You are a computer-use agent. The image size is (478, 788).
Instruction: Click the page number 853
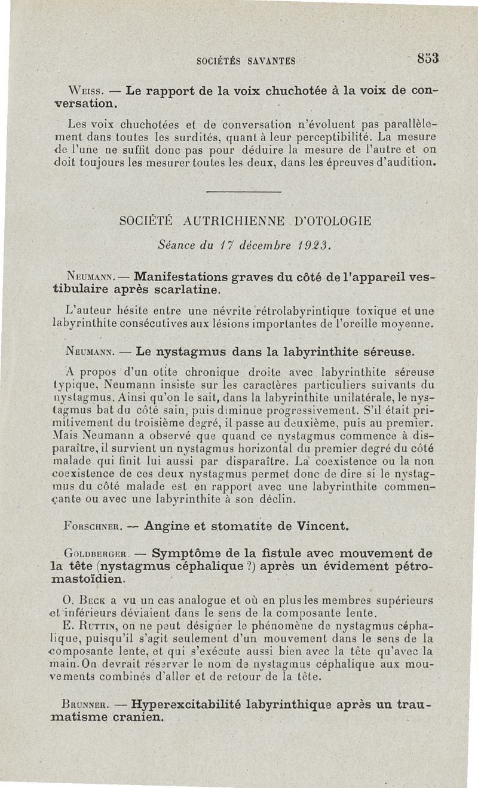point(428,59)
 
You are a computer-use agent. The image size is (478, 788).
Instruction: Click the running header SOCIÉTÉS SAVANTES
point(246,60)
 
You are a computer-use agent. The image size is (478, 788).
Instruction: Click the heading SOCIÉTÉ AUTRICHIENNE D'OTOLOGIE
point(246,221)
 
